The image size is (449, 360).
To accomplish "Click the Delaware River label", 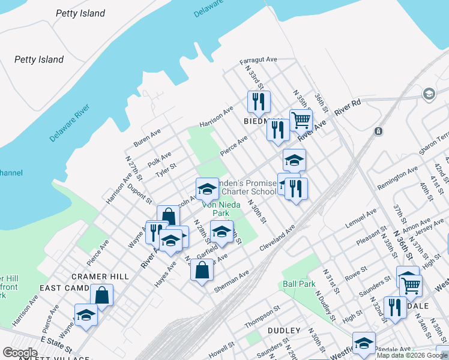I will [x=70, y=123].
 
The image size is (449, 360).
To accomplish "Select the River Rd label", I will [x=348, y=107].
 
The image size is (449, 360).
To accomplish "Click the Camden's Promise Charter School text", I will [x=246, y=187].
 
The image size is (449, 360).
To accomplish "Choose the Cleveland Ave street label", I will [x=277, y=239].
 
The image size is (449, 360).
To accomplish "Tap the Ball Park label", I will [x=299, y=283].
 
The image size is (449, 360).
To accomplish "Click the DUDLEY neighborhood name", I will [x=284, y=331].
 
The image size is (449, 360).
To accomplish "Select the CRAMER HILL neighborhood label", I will [x=100, y=276].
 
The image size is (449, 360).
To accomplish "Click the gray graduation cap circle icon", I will [x=429, y=94].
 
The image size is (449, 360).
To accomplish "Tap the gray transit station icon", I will [x=378, y=131].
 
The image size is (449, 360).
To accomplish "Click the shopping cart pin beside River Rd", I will [x=301, y=119].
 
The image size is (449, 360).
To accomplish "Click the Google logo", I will [x=20, y=353].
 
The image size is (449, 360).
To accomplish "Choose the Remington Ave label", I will [x=397, y=179].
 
